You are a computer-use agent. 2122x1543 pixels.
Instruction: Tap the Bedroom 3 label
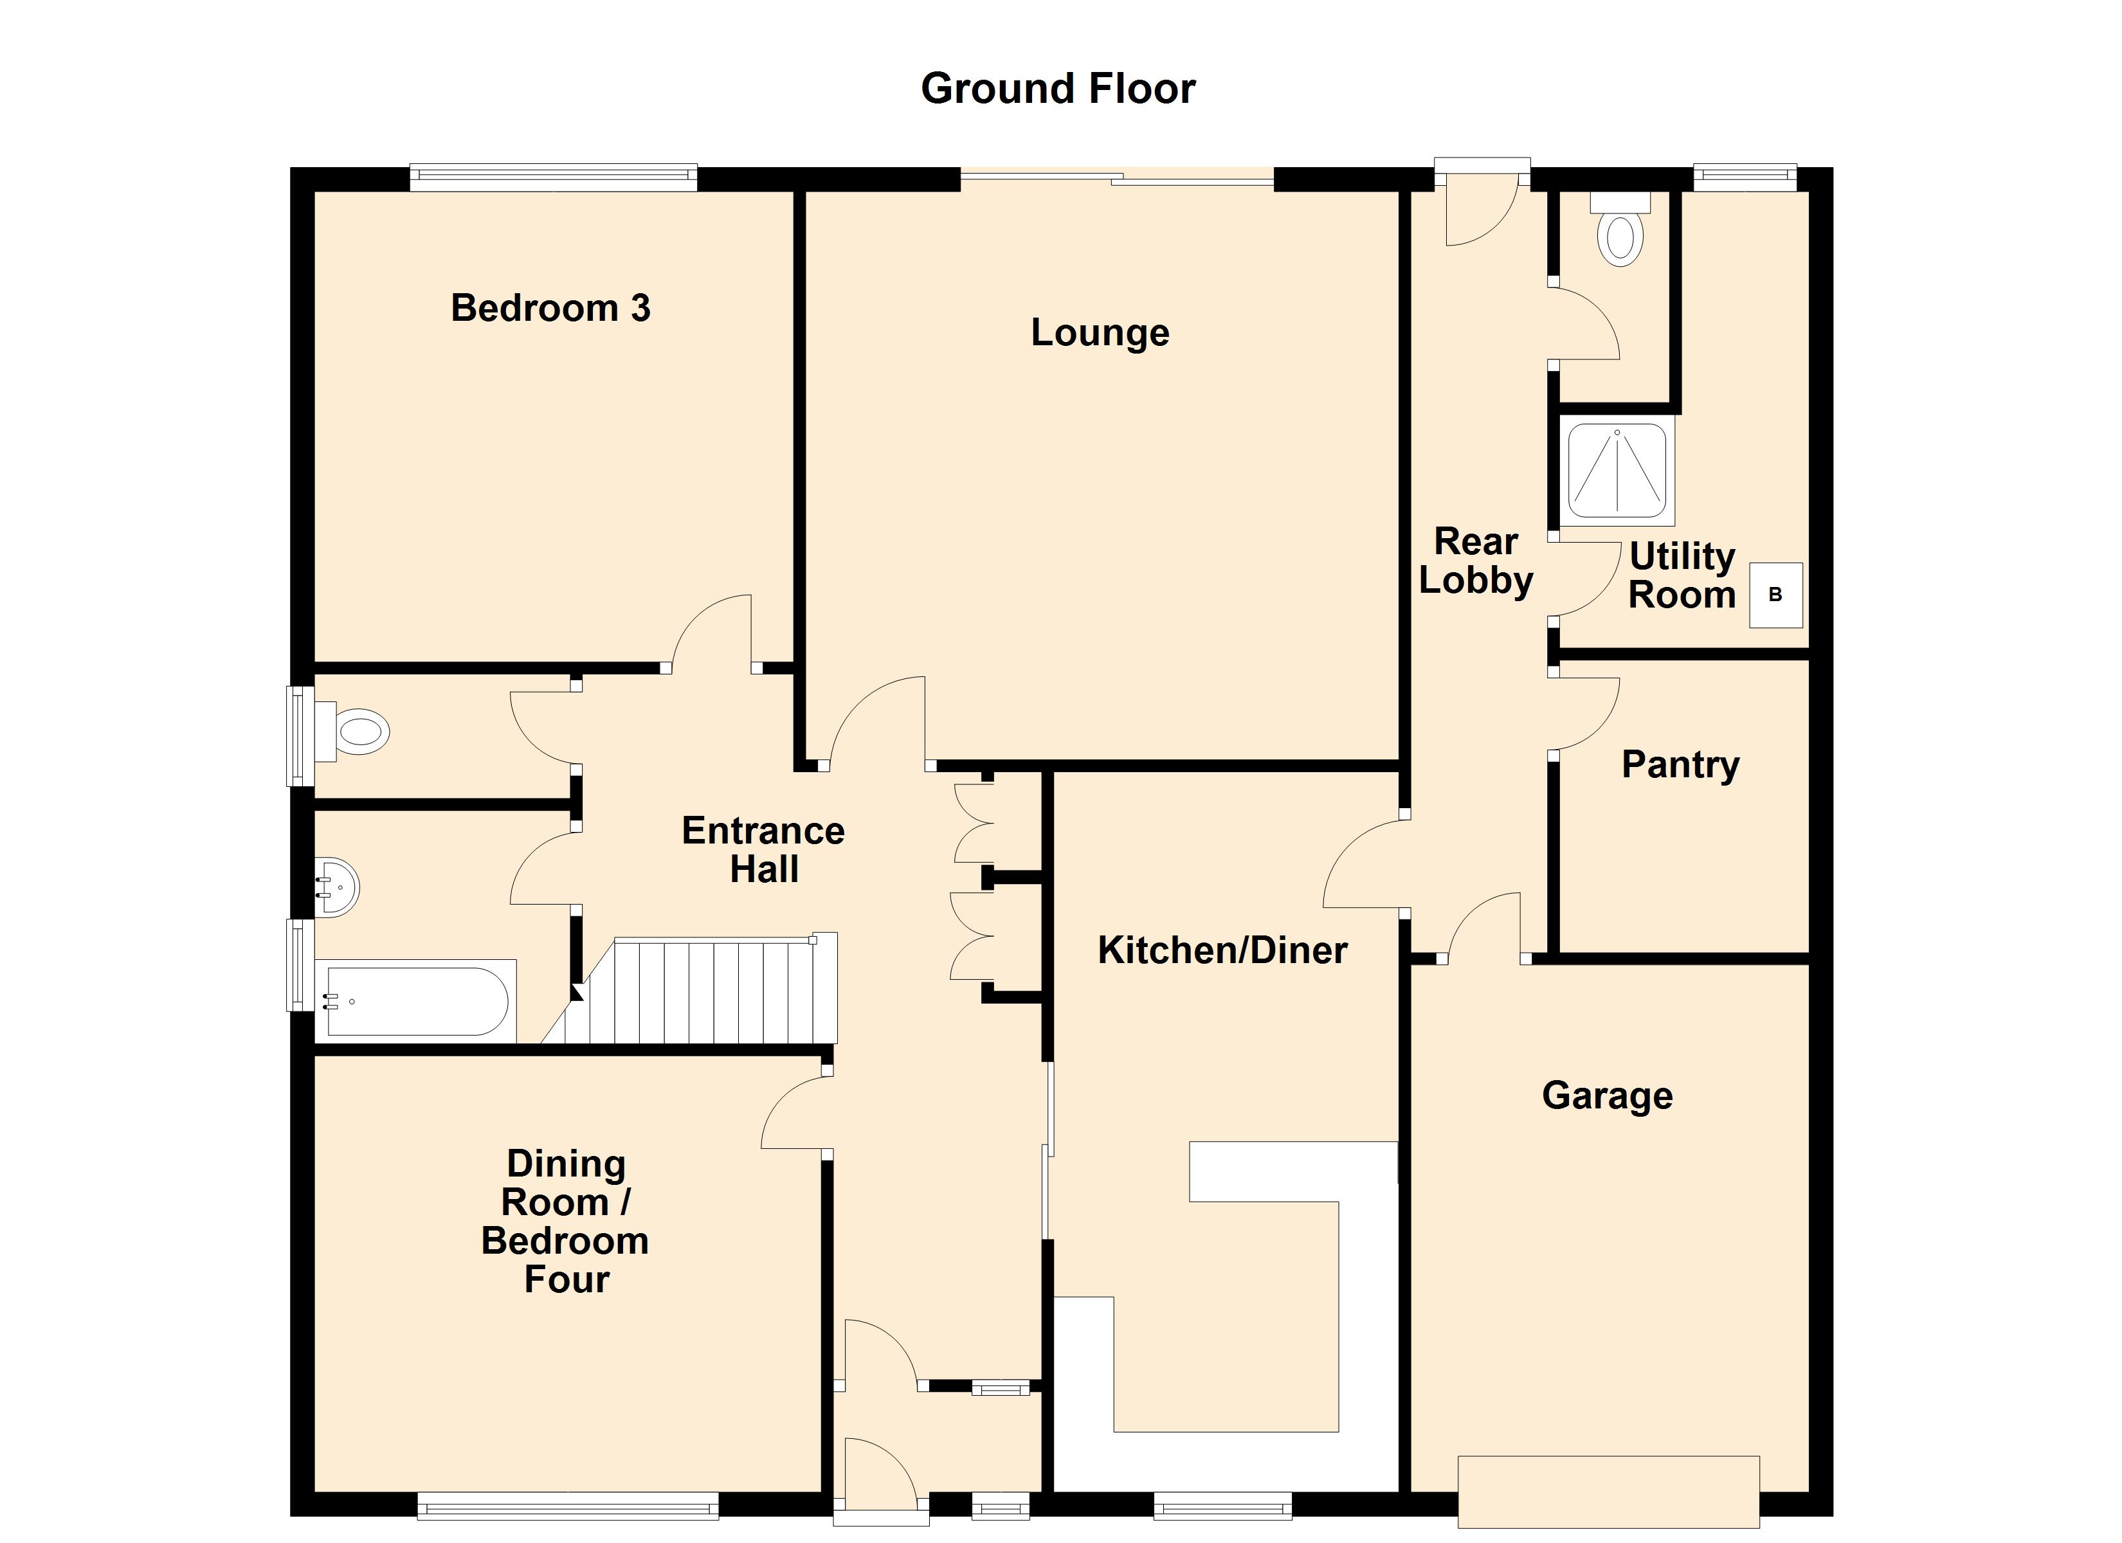(550, 308)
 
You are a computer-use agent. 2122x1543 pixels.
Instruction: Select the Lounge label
(1100, 332)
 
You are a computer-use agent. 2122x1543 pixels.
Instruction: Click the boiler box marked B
(1775, 594)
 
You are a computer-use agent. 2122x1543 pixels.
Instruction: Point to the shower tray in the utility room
(1617, 471)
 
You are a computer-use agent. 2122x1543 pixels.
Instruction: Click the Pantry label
(1680, 764)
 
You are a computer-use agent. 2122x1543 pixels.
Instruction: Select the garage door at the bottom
(1608, 1492)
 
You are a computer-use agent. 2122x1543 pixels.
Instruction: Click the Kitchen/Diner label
(1222, 950)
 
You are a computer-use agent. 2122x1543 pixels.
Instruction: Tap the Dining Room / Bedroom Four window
(567, 1506)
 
